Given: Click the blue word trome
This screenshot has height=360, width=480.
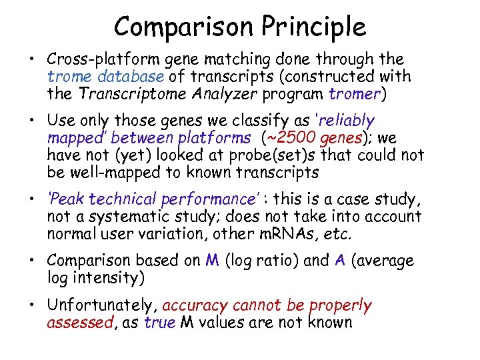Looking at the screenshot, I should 67,77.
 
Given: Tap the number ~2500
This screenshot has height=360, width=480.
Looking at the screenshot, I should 293,138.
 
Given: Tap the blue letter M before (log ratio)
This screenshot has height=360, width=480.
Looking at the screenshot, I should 212,261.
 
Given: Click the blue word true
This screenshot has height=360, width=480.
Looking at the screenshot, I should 159,323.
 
